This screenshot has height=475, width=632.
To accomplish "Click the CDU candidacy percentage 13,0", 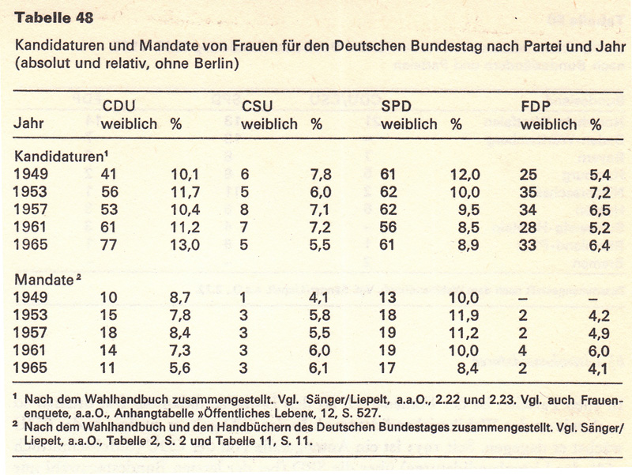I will tap(186, 245).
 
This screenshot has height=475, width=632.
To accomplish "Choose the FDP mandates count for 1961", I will tap(525, 349).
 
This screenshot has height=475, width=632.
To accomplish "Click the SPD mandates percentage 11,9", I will tap(466, 315).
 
